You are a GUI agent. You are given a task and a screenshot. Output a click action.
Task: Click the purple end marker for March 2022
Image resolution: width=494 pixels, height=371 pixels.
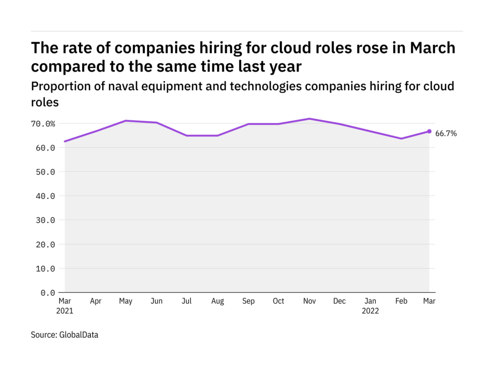pyautogui.click(x=429, y=131)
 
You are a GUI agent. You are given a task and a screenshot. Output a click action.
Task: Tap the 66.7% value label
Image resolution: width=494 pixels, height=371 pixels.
pyautogui.click(x=446, y=134)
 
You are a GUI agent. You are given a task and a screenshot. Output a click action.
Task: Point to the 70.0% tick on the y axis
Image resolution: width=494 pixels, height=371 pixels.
pyautogui.click(x=43, y=124)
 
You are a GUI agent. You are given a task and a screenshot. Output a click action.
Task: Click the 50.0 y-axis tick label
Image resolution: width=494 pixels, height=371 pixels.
pyautogui.click(x=45, y=172)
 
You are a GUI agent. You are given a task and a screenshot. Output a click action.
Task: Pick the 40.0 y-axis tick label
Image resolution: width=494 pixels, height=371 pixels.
pyautogui.click(x=45, y=196)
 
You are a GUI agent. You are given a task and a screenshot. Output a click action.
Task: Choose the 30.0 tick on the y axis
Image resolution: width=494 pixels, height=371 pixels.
pyautogui.click(x=45, y=220)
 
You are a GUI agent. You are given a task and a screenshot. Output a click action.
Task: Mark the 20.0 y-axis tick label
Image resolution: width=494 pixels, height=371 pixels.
pyautogui.click(x=45, y=244)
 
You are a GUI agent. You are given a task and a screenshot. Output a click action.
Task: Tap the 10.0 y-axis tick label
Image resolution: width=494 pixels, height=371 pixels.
pyautogui.click(x=45, y=269)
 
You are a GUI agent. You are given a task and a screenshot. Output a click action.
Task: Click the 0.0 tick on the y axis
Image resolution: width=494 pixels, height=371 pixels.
pyautogui.click(x=47, y=293)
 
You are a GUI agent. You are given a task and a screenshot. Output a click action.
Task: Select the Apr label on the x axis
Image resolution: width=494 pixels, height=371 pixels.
pyautogui.click(x=96, y=301)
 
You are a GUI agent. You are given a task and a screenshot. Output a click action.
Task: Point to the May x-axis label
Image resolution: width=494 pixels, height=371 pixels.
pyautogui.click(x=125, y=301)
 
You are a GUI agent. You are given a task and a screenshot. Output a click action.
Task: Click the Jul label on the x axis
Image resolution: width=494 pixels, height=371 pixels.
pyautogui.click(x=186, y=301)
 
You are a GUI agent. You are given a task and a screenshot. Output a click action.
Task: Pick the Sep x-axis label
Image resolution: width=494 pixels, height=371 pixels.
pyautogui.click(x=248, y=301)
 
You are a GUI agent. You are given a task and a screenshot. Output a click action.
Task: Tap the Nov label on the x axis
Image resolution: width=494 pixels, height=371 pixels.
pyautogui.click(x=309, y=301)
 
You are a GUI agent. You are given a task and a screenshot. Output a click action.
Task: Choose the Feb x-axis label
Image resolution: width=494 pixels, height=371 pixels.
pyautogui.click(x=401, y=301)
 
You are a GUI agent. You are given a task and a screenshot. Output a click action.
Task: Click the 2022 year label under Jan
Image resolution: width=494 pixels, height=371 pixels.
pyautogui.click(x=370, y=311)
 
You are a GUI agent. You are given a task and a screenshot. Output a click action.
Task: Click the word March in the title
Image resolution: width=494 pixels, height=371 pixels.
pyautogui.click(x=433, y=48)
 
